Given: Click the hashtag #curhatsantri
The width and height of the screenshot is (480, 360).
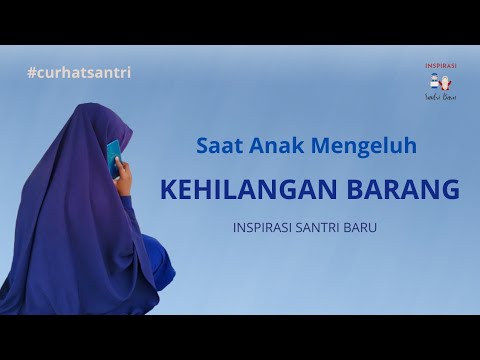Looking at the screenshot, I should point(79,72).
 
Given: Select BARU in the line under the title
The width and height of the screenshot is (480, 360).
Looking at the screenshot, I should point(374,227).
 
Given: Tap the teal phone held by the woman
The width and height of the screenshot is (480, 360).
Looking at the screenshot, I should point(113,155).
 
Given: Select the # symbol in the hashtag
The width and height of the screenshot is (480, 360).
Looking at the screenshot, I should point(33,72).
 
